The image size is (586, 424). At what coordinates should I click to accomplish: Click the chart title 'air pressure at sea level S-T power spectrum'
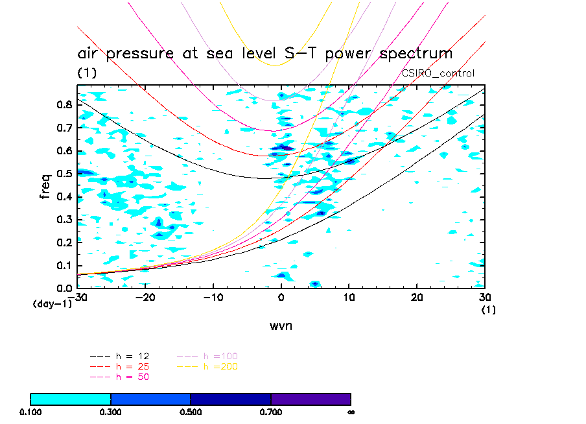point(264,53)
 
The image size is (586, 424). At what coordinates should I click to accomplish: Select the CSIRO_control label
point(438,73)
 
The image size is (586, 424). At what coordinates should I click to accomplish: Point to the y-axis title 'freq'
point(45,185)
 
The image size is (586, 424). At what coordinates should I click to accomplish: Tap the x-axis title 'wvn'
point(281,325)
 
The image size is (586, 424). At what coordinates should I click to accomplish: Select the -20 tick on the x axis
point(146,297)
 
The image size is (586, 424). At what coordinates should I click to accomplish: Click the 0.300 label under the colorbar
point(111,412)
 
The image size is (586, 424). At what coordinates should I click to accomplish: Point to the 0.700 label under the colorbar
point(271,412)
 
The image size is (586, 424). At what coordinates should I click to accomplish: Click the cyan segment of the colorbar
point(71,399)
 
